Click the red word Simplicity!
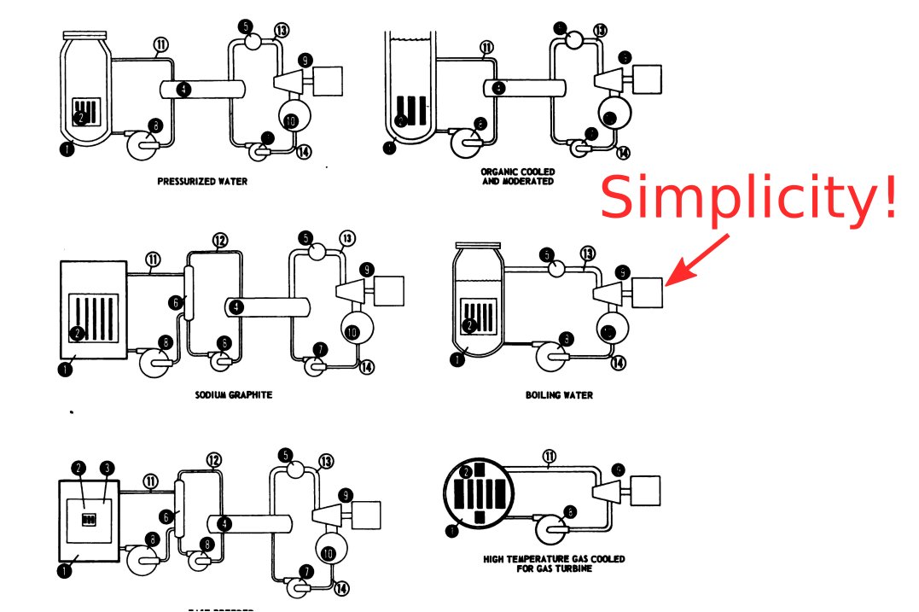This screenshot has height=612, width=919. [749, 197]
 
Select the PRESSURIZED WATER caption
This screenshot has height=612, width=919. [203, 181]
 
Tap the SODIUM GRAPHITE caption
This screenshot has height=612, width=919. [227, 394]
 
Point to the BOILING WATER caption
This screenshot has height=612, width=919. [559, 395]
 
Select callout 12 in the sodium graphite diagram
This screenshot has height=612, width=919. [219, 241]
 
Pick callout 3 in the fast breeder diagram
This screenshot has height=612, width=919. [106, 468]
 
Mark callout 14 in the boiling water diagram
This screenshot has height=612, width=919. [619, 362]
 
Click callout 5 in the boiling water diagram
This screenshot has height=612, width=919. [547, 254]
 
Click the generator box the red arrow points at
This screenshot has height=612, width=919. [648, 293]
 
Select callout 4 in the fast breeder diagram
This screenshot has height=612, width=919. [224, 522]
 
